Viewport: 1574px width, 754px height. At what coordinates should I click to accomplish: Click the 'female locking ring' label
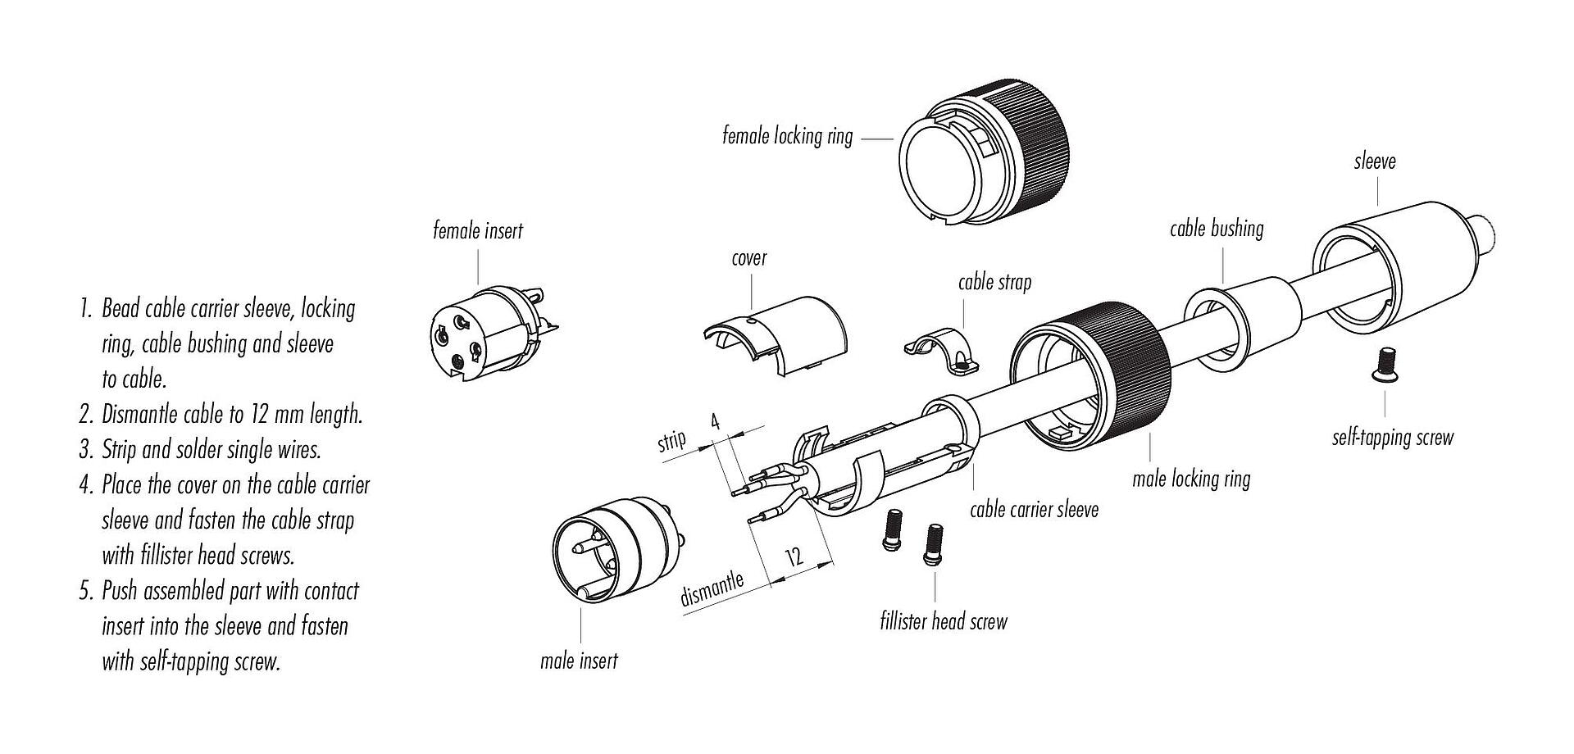[787, 135]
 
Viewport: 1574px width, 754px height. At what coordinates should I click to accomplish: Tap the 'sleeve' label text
[1375, 161]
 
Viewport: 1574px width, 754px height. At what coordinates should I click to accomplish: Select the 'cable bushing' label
[1217, 229]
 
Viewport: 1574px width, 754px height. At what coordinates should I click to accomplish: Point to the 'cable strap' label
[994, 283]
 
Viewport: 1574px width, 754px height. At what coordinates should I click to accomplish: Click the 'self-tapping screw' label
[1392, 438]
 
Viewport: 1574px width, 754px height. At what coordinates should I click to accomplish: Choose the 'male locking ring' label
[1191, 479]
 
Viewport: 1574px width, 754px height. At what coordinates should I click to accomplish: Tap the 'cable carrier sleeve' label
[1034, 510]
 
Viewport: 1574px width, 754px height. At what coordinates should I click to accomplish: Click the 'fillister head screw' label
[943, 622]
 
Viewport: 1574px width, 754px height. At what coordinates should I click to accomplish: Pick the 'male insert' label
[579, 661]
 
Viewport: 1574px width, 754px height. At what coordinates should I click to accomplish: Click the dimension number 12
[794, 557]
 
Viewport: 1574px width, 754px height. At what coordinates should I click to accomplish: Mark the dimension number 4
[715, 423]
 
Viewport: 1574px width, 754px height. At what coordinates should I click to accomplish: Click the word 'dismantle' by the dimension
[712, 589]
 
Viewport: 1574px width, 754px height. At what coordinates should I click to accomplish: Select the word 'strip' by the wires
[671, 442]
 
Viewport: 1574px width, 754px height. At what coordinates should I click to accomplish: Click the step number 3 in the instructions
[85, 450]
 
